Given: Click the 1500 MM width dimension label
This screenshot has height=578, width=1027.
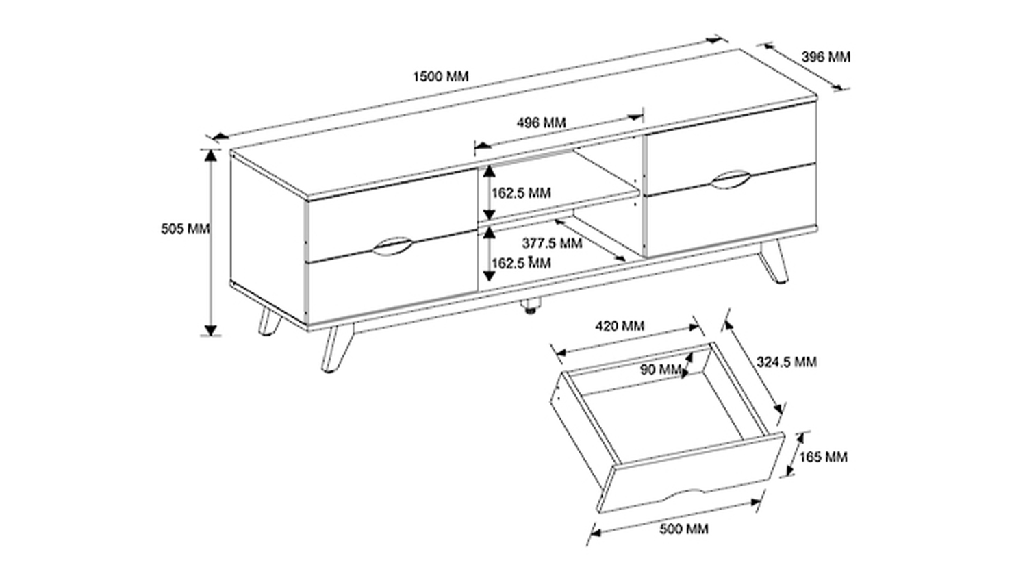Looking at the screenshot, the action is (441, 76).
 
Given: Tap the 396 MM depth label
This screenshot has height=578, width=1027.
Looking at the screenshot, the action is (826, 57).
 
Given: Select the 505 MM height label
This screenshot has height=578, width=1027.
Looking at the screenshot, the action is (186, 229).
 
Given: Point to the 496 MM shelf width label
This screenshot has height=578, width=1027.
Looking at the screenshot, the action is (541, 123).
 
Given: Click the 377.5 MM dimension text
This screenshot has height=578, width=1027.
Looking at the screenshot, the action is (552, 243).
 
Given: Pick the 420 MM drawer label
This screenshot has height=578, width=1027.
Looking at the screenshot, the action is (620, 326).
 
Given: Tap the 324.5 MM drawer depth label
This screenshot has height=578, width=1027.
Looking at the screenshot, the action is (786, 362).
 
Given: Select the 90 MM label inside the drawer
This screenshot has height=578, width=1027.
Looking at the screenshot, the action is (660, 369).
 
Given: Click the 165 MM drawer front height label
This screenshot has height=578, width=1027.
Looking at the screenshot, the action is (824, 457).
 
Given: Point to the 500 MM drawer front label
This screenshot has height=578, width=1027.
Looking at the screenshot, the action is (683, 529).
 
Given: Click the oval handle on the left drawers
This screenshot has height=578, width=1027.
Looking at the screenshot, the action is (392, 246).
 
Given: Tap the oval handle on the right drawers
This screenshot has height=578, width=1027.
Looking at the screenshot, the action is (731, 179).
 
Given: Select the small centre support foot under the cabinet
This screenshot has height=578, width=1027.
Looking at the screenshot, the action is (532, 306).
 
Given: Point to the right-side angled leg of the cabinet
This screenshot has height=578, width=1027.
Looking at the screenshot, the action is (774, 261).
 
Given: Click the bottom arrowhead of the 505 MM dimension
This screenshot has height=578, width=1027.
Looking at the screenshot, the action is (210, 330).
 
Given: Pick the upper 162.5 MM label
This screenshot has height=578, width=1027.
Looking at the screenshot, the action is (521, 192).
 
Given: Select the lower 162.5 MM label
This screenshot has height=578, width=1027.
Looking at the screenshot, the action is (521, 263).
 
